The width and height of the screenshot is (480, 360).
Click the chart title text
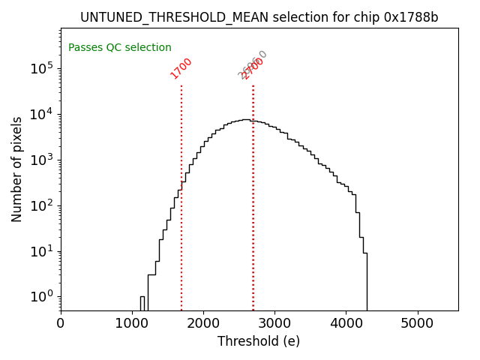point(259,17)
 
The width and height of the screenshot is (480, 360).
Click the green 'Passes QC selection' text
point(120,48)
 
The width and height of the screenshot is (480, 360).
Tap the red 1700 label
point(181,68)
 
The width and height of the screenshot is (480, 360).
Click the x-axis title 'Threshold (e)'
point(259,342)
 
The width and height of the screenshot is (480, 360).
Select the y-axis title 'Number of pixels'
point(17,169)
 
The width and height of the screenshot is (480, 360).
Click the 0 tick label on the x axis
point(61,324)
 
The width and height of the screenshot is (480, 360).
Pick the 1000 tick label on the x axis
point(132,324)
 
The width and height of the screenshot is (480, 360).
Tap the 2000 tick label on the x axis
point(203,324)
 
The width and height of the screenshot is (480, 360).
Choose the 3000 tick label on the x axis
point(274,324)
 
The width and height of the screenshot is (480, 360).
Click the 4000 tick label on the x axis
point(346,324)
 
